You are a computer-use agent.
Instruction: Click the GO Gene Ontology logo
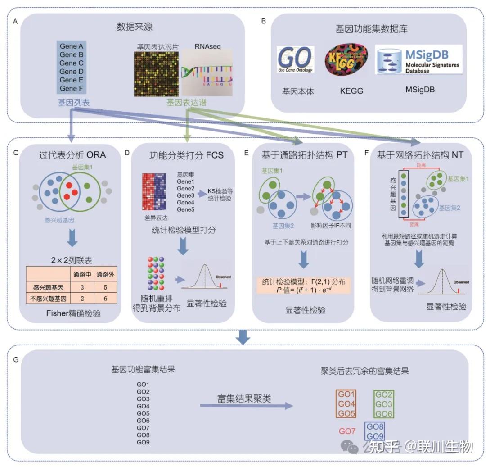point(295,59)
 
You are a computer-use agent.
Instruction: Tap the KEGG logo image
point(346,58)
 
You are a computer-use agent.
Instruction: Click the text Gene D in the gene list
point(72,72)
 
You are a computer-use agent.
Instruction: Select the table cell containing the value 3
point(82,286)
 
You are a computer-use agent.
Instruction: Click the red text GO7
point(347,431)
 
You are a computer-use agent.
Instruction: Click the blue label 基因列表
point(73,103)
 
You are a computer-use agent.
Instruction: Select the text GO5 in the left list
point(143,413)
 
